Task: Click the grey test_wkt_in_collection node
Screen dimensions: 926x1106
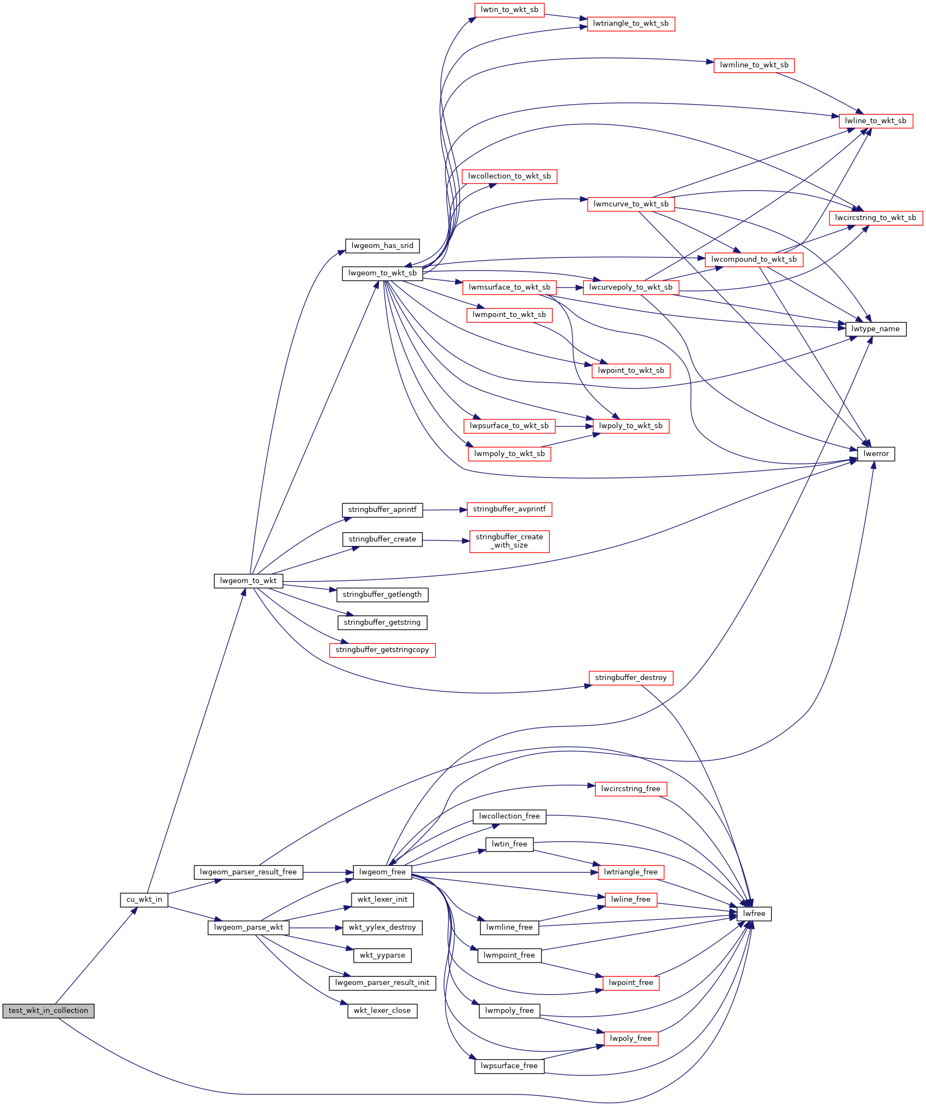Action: tap(48, 1011)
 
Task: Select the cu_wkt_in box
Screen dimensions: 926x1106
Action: tap(144, 900)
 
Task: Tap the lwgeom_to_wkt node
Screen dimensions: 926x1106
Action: tap(248, 581)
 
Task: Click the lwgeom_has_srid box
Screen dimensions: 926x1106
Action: tap(382, 246)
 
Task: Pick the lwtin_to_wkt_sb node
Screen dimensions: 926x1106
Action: tap(509, 10)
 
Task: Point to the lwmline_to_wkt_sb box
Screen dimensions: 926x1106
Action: tap(754, 65)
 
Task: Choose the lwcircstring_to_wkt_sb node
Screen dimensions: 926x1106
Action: tap(876, 218)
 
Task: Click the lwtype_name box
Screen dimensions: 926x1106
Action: tap(876, 329)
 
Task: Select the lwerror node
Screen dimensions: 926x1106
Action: tap(876, 454)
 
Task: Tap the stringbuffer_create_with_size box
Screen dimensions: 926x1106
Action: tap(509, 542)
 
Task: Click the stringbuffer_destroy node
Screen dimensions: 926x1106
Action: tap(631, 678)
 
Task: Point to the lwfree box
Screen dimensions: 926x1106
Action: tap(754, 914)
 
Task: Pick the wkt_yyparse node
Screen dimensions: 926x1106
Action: tap(382, 955)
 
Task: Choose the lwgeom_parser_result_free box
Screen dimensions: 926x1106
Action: tap(248, 872)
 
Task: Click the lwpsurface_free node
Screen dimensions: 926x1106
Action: tap(509, 1066)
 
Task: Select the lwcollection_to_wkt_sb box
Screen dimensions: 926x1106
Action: tap(509, 176)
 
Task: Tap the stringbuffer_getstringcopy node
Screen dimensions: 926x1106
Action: tap(382, 650)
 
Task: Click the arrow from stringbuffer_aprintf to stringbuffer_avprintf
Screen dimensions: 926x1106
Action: tap(445, 510)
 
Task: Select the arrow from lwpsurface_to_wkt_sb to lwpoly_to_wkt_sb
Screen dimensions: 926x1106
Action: tap(574, 426)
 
